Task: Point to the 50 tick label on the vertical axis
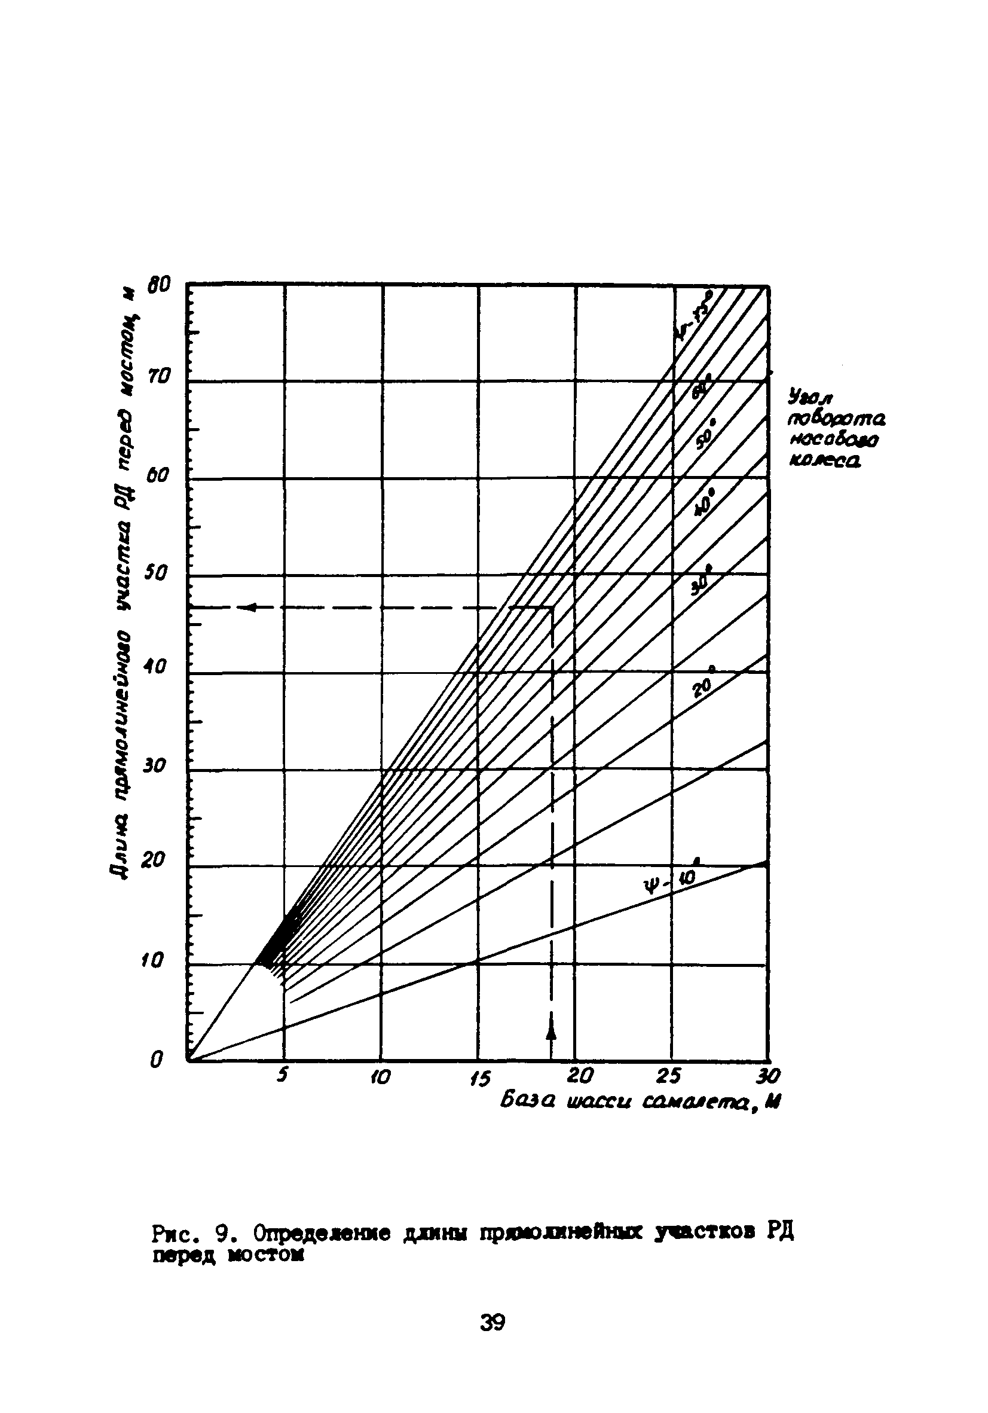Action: (154, 572)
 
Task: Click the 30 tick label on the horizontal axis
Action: (769, 1075)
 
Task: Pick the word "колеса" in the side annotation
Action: (824, 461)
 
